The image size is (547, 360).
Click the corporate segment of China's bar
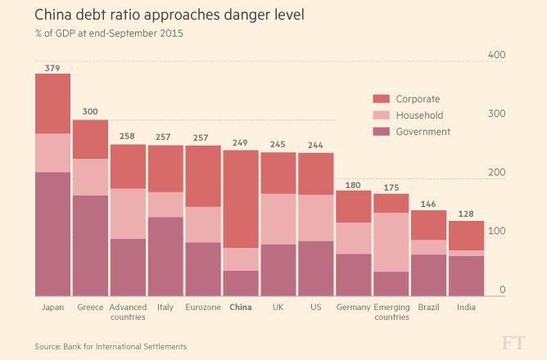(x=242, y=199)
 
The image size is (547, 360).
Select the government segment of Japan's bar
(x=52, y=233)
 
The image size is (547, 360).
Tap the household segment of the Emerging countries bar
(x=391, y=242)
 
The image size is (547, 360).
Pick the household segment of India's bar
(x=466, y=253)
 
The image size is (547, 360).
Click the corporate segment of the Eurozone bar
(x=204, y=176)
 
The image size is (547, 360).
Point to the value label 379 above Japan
(x=52, y=67)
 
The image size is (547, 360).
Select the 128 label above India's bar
(x=466, y=214)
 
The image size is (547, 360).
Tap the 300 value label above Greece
(x=90, y=112)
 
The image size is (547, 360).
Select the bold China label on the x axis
(x=242, y=308)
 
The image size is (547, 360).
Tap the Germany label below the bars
(x=354, y=308)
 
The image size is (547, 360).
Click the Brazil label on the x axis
(x=428, y=308)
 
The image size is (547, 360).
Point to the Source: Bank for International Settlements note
(x=111, y=347)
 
